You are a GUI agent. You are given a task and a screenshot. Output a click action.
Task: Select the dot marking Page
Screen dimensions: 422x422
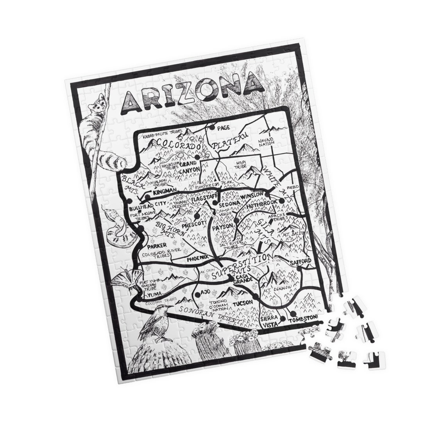pyautogui.click(x=212, y=127)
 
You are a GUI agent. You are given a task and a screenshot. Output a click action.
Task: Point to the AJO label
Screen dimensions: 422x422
pyautogui.click(x=206, y=292)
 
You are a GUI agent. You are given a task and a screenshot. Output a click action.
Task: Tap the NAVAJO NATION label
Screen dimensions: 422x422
pyautogui.click(x=267, y=142)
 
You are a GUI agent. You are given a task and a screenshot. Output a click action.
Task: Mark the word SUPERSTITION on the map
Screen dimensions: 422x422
pyautogui.click(x=241, y=266)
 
